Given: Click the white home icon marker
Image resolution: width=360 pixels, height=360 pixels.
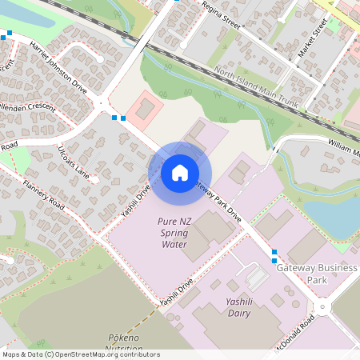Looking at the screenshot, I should (180, 172).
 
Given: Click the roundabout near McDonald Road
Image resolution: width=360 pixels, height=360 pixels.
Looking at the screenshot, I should (322, 307).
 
